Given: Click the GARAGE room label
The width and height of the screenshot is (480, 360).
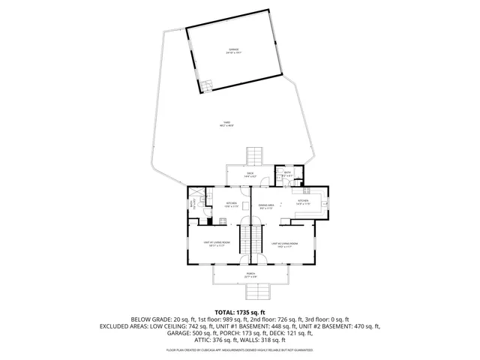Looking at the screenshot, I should point(235,51).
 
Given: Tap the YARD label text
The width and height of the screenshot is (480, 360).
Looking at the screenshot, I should point(226,124).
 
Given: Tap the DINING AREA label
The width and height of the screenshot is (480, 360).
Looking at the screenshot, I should point(265,205).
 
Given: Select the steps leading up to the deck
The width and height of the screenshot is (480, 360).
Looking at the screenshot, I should point(255,156).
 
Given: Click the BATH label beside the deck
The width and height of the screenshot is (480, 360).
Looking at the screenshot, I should point(287,174).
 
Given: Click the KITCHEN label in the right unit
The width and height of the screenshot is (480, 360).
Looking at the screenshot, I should point(303,201).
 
